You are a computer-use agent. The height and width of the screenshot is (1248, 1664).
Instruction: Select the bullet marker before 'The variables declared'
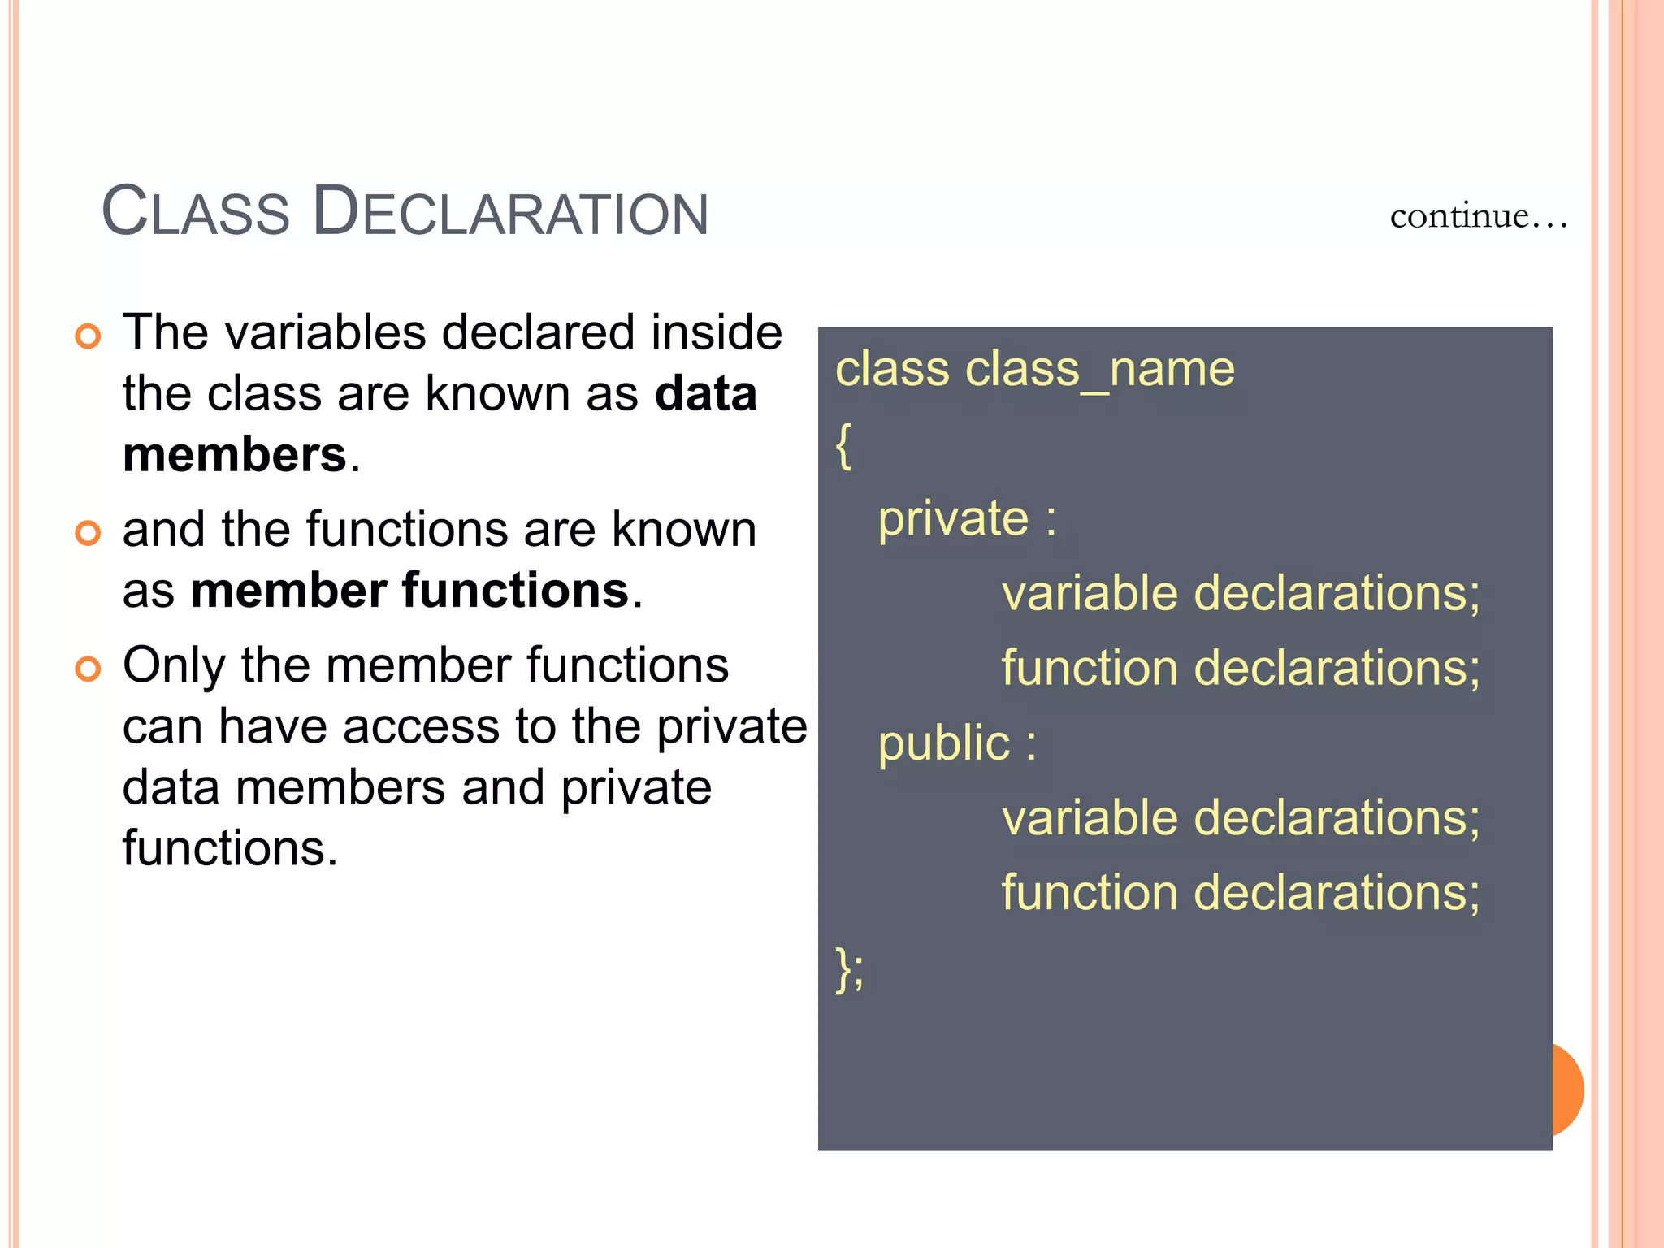point(88,336)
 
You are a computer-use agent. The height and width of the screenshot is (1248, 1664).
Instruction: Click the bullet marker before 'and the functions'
point(88,533)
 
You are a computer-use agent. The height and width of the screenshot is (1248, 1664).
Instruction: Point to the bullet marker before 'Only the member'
point(88,669)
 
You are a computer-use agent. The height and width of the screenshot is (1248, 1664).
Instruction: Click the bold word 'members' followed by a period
point(235,454)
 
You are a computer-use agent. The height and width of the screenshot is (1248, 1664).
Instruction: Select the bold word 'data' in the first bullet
point(705,394)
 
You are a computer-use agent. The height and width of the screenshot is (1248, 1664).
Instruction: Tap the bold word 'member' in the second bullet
point(288,590)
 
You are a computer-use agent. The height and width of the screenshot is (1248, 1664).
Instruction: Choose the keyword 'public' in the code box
point(943,743)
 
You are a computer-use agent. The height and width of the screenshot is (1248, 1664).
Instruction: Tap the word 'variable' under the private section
point(1090,593)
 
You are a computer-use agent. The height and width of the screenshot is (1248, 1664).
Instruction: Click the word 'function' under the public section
point(1090,893)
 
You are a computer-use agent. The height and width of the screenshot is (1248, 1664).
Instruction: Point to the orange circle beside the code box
point(1568,1090)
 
